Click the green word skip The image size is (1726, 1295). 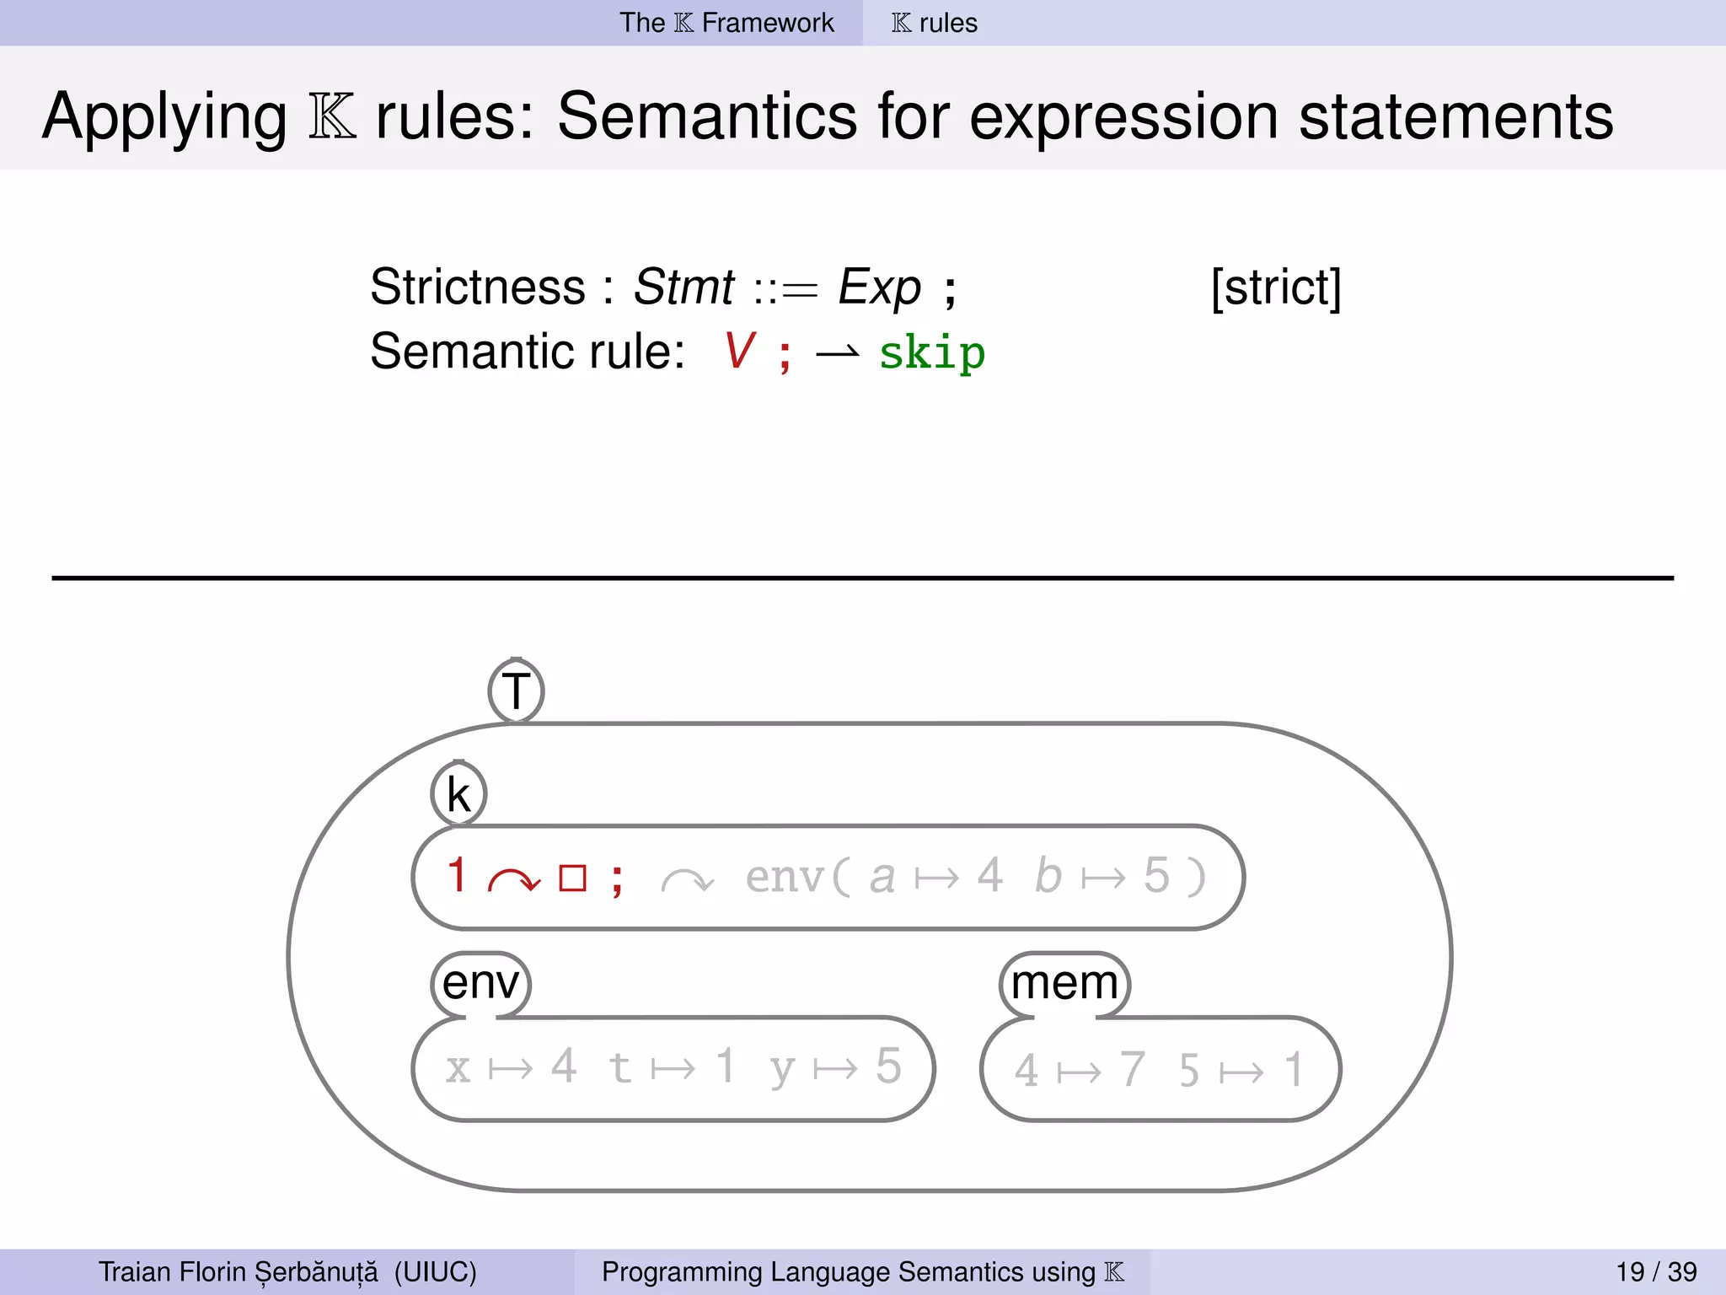coord(931,353)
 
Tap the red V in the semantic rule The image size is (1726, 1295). coord(739,351)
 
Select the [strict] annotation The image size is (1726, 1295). coord(1275,287)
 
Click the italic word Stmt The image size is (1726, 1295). coord(683,287)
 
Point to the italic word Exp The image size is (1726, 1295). coord(879,287)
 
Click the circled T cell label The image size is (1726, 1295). coord(516,691)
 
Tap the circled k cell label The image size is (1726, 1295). coord(458,794)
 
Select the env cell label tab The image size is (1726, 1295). coord(480,983)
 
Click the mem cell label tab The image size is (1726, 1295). coord(1064,983)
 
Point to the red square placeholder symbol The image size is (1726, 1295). coord(572,879)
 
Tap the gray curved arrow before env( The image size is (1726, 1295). coord(687,881)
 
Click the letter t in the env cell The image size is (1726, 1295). coord(619,1067)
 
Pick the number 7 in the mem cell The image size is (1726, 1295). coord(1132,1069)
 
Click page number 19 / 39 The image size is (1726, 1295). coord(1655,1271)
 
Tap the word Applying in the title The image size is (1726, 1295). coord(164,118)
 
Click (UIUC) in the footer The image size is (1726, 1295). coord(435,1271)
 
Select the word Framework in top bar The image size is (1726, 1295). coord(767,23)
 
